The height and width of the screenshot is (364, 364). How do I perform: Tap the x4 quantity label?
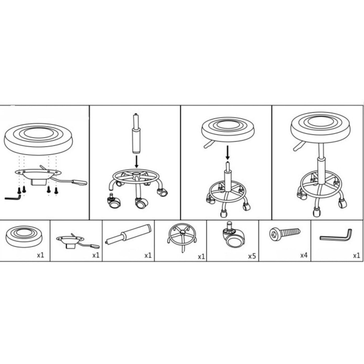click(x=304, y=255)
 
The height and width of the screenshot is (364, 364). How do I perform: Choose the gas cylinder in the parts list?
click(x=128, y=234)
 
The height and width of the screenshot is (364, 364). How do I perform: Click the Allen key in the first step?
click(x=13, y=198)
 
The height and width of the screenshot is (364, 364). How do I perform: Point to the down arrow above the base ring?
click(x=136, y=161)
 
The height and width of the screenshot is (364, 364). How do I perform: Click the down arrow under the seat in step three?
click(x=228, y=152)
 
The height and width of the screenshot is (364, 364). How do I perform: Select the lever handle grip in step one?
click(x=80, y=182)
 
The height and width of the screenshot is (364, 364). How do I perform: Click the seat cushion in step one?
click(x=38, y=139)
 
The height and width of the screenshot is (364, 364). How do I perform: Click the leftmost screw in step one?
click(x=19, y=190)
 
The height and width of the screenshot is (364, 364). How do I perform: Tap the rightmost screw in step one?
click(x=56, y=190)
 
